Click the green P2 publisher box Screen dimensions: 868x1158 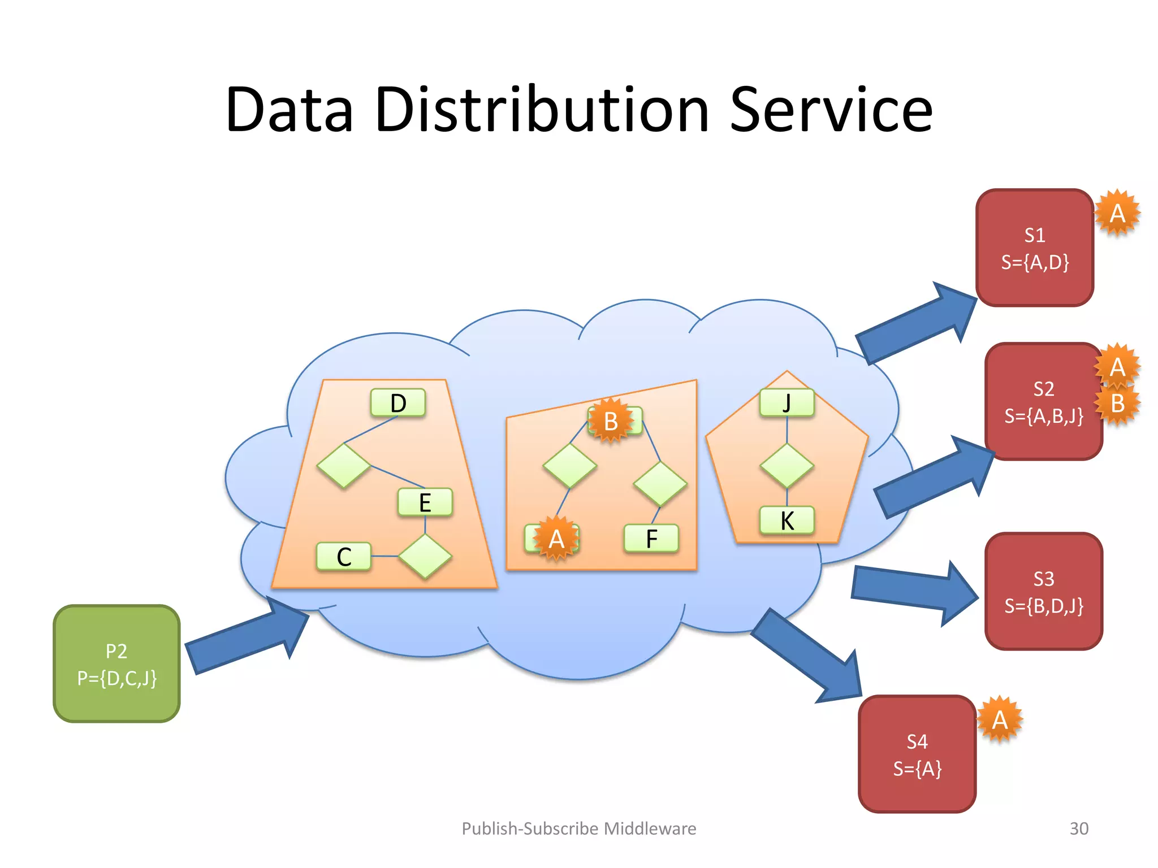click(x=116, y=663)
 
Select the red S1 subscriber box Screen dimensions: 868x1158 click(x=1034, y=248)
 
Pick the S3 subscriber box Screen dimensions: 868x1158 click(x=1043, y=592)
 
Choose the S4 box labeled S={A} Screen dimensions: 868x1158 click(x=917, y=754)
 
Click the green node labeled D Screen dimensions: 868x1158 click(x=398, y=403)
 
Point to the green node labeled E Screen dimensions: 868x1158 click(x=425, y=502)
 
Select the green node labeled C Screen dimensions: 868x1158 click(x=344, y=557)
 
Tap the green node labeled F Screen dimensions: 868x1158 click(x=651, y=539)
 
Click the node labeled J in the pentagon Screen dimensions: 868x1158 click(x=787, y=403)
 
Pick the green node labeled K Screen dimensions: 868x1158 click(x=787, y=520)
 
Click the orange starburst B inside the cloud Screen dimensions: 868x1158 click(x=610, y=421)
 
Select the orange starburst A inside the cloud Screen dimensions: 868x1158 click(x=556, y=539)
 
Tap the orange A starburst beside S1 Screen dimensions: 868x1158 click(x=1117, y=213)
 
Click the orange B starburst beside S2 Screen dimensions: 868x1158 click(x=1117, y=403)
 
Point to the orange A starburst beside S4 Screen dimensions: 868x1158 click(x=999, y=719)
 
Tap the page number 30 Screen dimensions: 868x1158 click(x=1078, y=828)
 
